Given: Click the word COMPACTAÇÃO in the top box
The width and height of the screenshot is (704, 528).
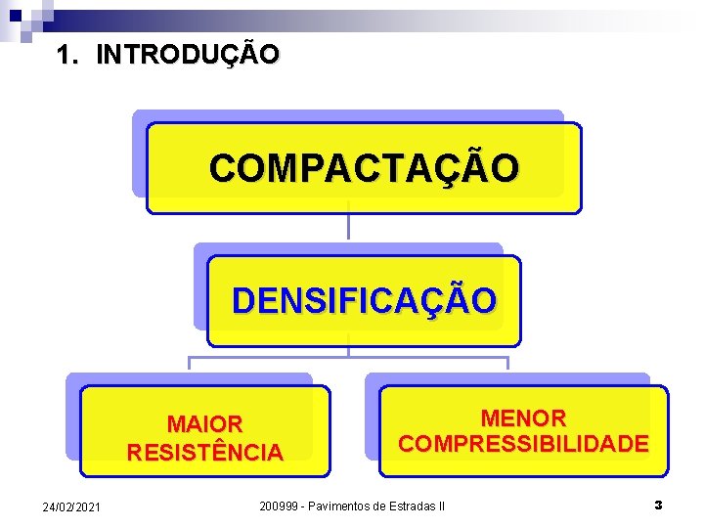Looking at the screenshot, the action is tap(364, 168).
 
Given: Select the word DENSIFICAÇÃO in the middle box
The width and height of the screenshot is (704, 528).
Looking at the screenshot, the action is tap(364, 300).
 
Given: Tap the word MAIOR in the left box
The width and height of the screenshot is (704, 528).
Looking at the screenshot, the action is tap(204, 424).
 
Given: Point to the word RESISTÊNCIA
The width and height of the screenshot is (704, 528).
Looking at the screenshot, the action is tap(204, 453).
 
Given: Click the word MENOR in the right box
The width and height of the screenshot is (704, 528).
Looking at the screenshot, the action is tap(523, 418).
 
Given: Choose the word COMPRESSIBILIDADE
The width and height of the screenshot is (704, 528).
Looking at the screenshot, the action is tap(523, 444).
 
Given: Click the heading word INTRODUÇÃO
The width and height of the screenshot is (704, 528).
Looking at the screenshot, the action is tap(188, 54).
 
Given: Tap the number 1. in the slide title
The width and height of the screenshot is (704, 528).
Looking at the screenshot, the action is tap(67, 54).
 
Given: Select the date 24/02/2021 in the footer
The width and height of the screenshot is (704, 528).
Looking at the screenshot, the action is tap(70, 506).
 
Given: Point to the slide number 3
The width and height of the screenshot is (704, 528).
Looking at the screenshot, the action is tap(658, 506).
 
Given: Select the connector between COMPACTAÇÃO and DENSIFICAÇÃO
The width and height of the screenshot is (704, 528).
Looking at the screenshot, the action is tap(348, 227).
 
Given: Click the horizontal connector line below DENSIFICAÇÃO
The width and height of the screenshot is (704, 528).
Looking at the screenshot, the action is tap(348, 358).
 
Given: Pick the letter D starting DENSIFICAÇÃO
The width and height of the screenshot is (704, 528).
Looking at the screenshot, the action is tap(242, 300).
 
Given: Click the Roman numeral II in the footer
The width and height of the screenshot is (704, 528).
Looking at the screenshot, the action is tap(441, 506).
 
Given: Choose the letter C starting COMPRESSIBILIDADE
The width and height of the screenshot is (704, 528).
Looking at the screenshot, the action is tap(408, 444).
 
